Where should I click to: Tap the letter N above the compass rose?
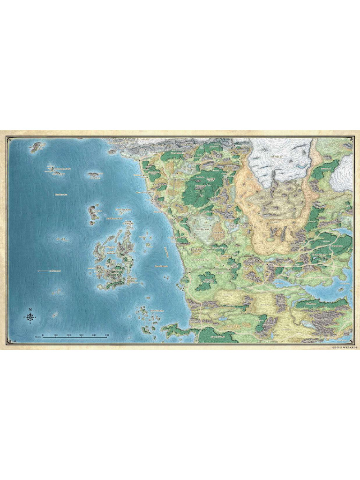(30, 309)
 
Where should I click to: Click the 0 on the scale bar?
(43, 335)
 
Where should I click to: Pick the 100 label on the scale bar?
(55, 335)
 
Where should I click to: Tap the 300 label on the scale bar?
(81, 335)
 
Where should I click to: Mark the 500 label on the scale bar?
(107, 335)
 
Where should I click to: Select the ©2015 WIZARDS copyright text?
(345, 348)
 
